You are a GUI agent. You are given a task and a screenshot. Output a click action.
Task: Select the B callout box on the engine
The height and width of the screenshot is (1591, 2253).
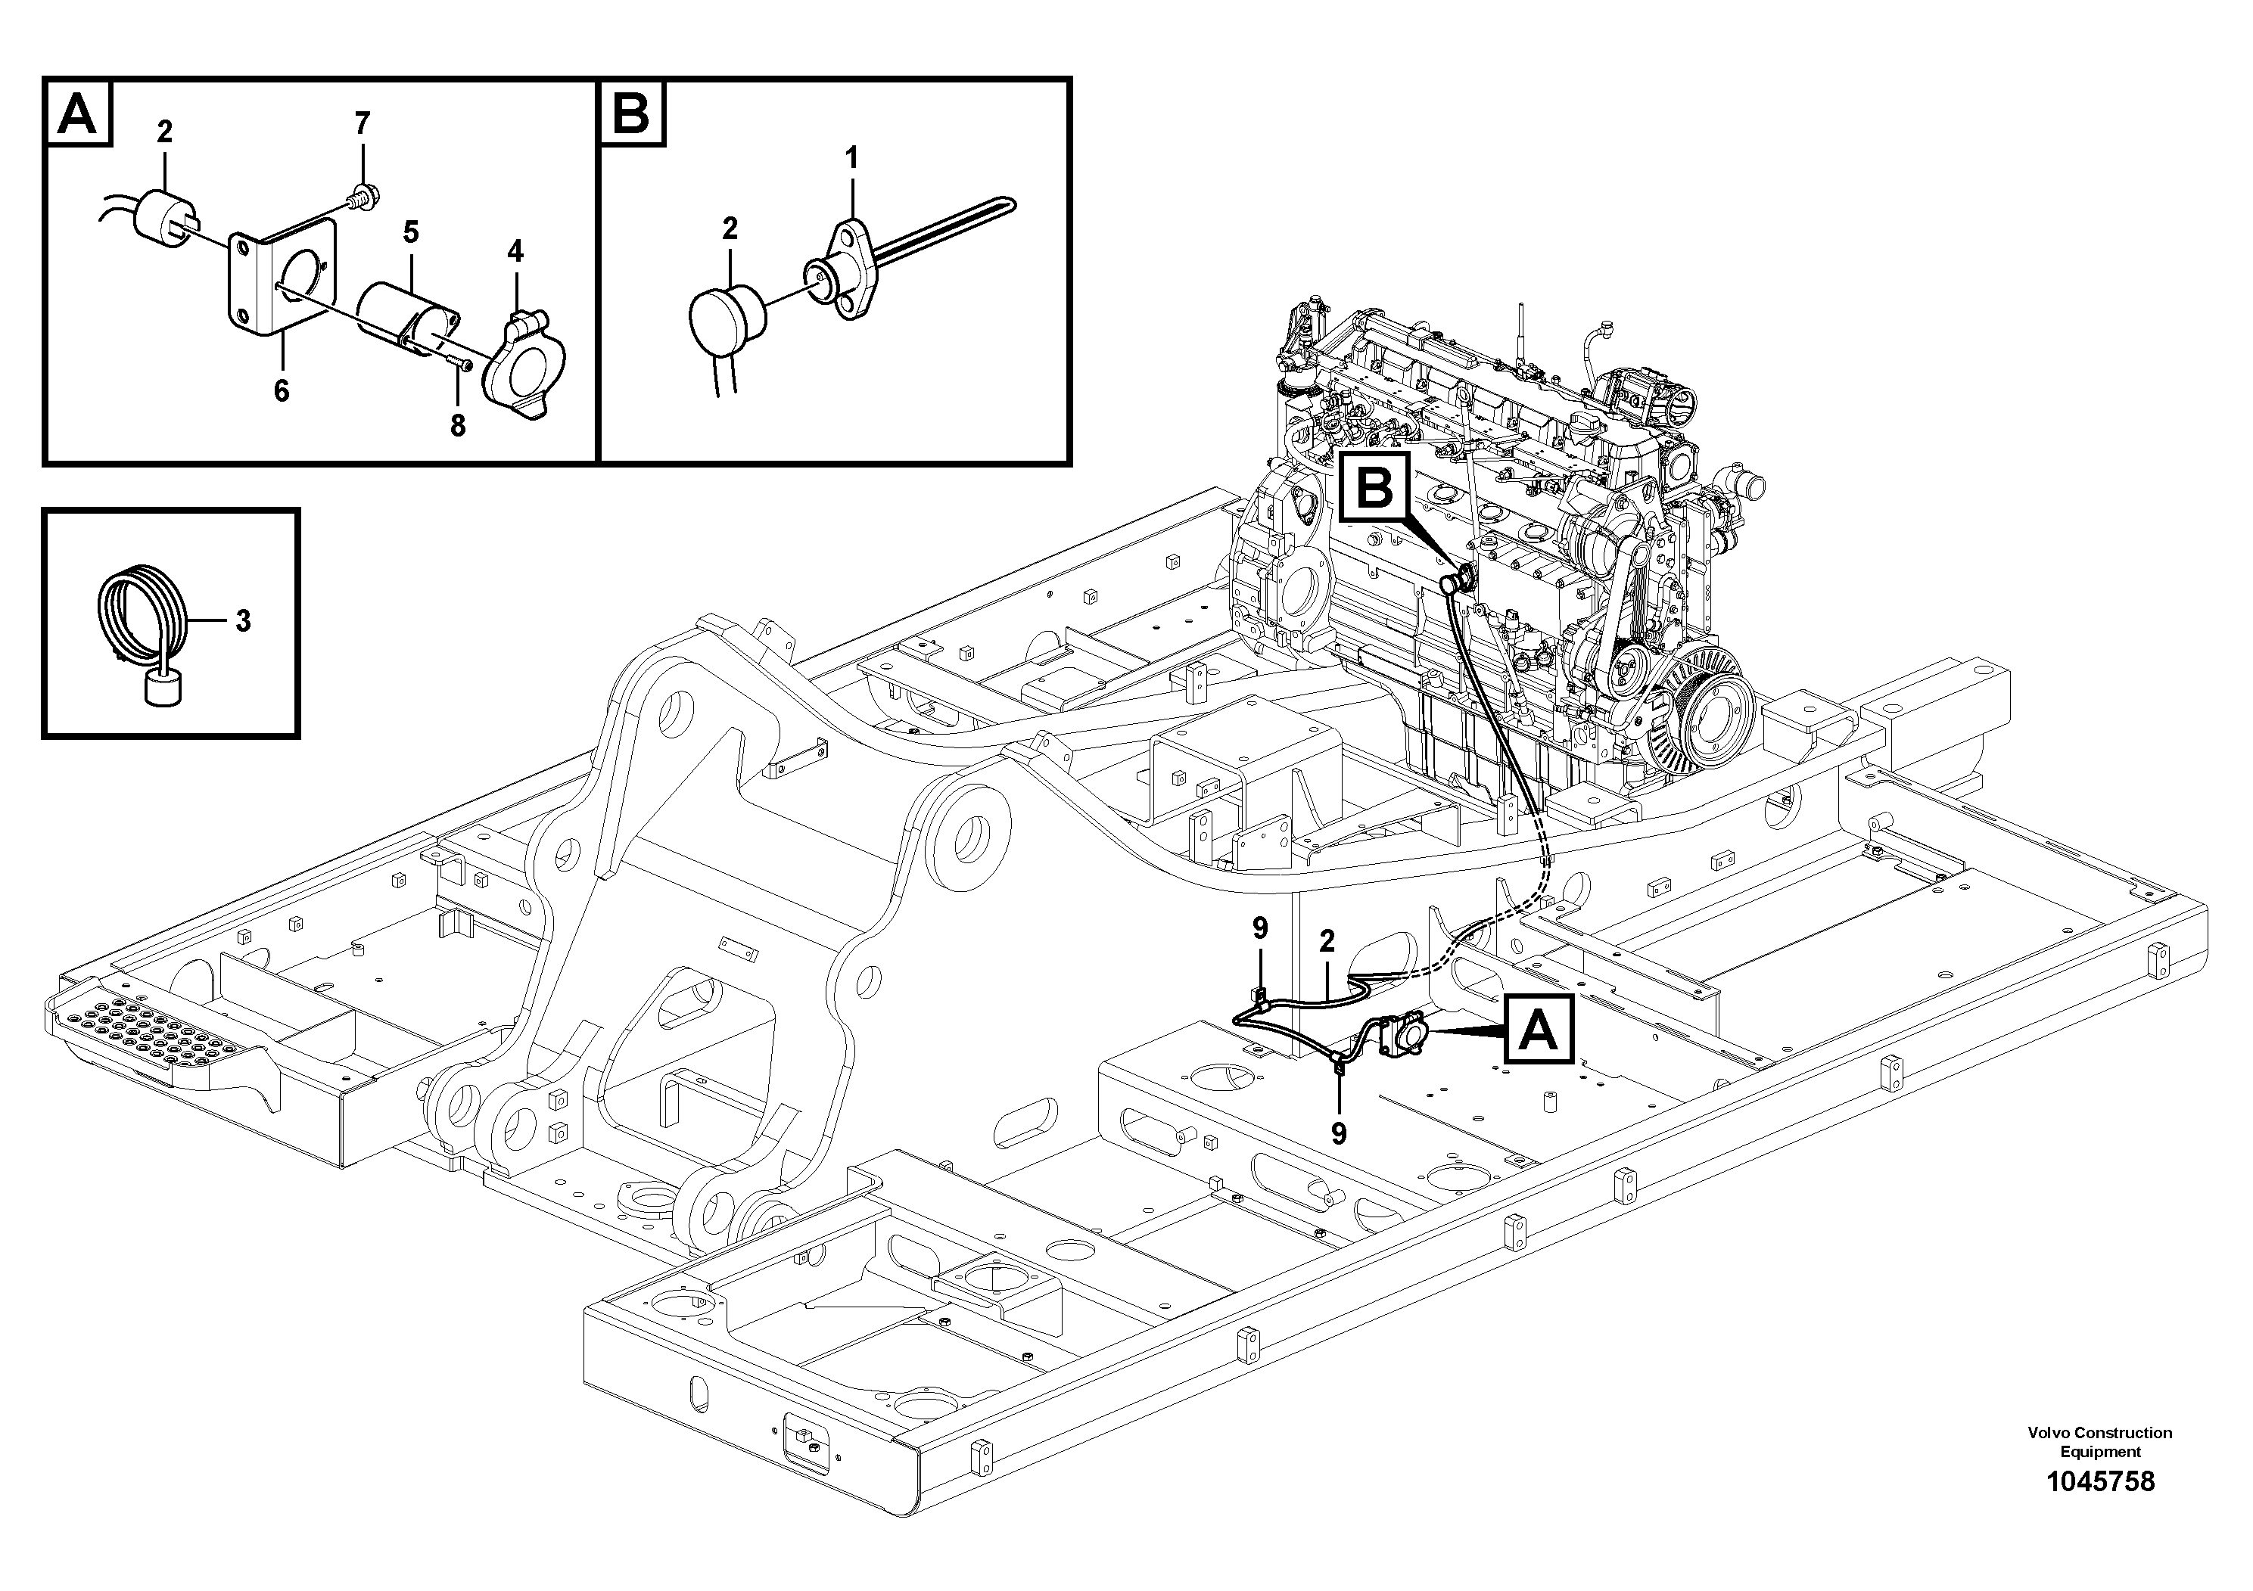[1376, 487]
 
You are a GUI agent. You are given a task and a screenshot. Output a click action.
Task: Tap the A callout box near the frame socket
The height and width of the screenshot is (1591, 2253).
[1538, 1030]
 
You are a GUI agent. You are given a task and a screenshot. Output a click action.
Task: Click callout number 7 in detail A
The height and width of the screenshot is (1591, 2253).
[362, 123]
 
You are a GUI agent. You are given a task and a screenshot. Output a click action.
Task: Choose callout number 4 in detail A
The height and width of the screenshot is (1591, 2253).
[515, 251]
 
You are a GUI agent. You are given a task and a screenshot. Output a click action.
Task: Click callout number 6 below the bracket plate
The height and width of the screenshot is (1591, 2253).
[281, 391]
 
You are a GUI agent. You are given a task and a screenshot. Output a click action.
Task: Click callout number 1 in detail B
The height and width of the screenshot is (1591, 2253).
[851, 157]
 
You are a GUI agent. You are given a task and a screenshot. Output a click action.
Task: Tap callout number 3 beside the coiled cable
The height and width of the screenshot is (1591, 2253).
[241, 621]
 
